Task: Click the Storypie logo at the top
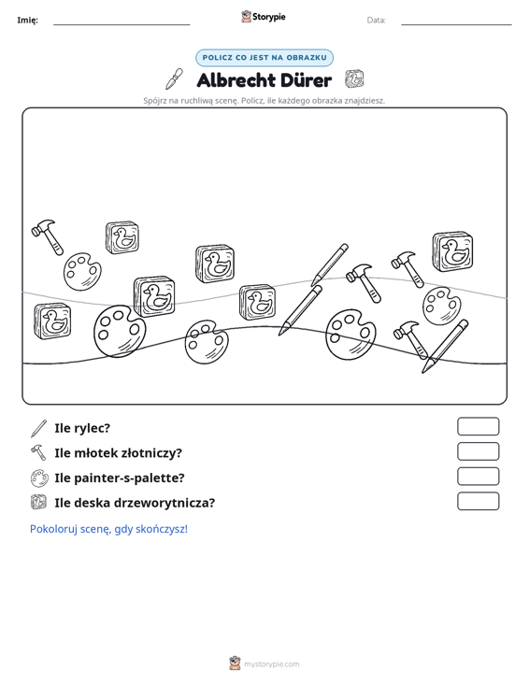(x=264, y=17)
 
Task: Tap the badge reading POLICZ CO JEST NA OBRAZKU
(x=264, y=58)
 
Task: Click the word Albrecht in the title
(x=236, y=80)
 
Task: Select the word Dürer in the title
(x=306, y=80)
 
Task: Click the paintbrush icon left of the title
(x=174, y=78)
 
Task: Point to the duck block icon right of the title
(x=354, y=79)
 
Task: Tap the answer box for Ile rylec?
(x=478, y=426)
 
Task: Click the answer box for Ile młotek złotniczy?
(x=478, y=451)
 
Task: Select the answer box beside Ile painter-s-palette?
(x=478, y=477)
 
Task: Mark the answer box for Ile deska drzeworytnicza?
(x=478, y=501)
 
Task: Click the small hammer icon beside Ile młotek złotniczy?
(x=38, y=452)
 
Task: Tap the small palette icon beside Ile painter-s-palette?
(x=39, y=478)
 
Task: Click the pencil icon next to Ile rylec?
(x=39, y=429)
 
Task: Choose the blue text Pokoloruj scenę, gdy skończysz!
(x=108, y=529)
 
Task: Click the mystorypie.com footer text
(x=272, y=664)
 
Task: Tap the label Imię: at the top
(x=27, y=21)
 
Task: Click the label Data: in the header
(x=376, y=21)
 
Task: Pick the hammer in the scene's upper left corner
(x=47, y=236)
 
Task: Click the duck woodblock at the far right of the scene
(x=452, y=251)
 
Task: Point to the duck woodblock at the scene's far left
(x=52, y=321)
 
